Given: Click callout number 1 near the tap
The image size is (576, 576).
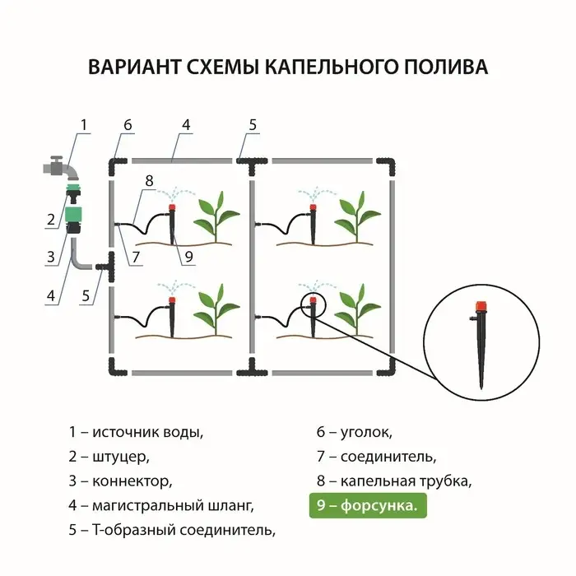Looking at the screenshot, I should (83, 125).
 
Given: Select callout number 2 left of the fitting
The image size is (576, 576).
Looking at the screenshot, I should (51, 219).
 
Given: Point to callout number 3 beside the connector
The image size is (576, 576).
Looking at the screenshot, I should (51, 256).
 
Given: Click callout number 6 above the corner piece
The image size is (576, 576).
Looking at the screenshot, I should (128, 125).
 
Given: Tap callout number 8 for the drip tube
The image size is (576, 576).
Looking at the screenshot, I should (149, 180).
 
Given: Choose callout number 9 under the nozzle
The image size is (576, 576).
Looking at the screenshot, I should (188, 257).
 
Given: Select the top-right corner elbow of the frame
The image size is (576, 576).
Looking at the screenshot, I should (389, 165).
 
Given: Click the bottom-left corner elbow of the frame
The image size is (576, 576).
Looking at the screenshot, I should (114, 367).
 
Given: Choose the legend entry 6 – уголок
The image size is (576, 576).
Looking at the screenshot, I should (355, 431).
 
